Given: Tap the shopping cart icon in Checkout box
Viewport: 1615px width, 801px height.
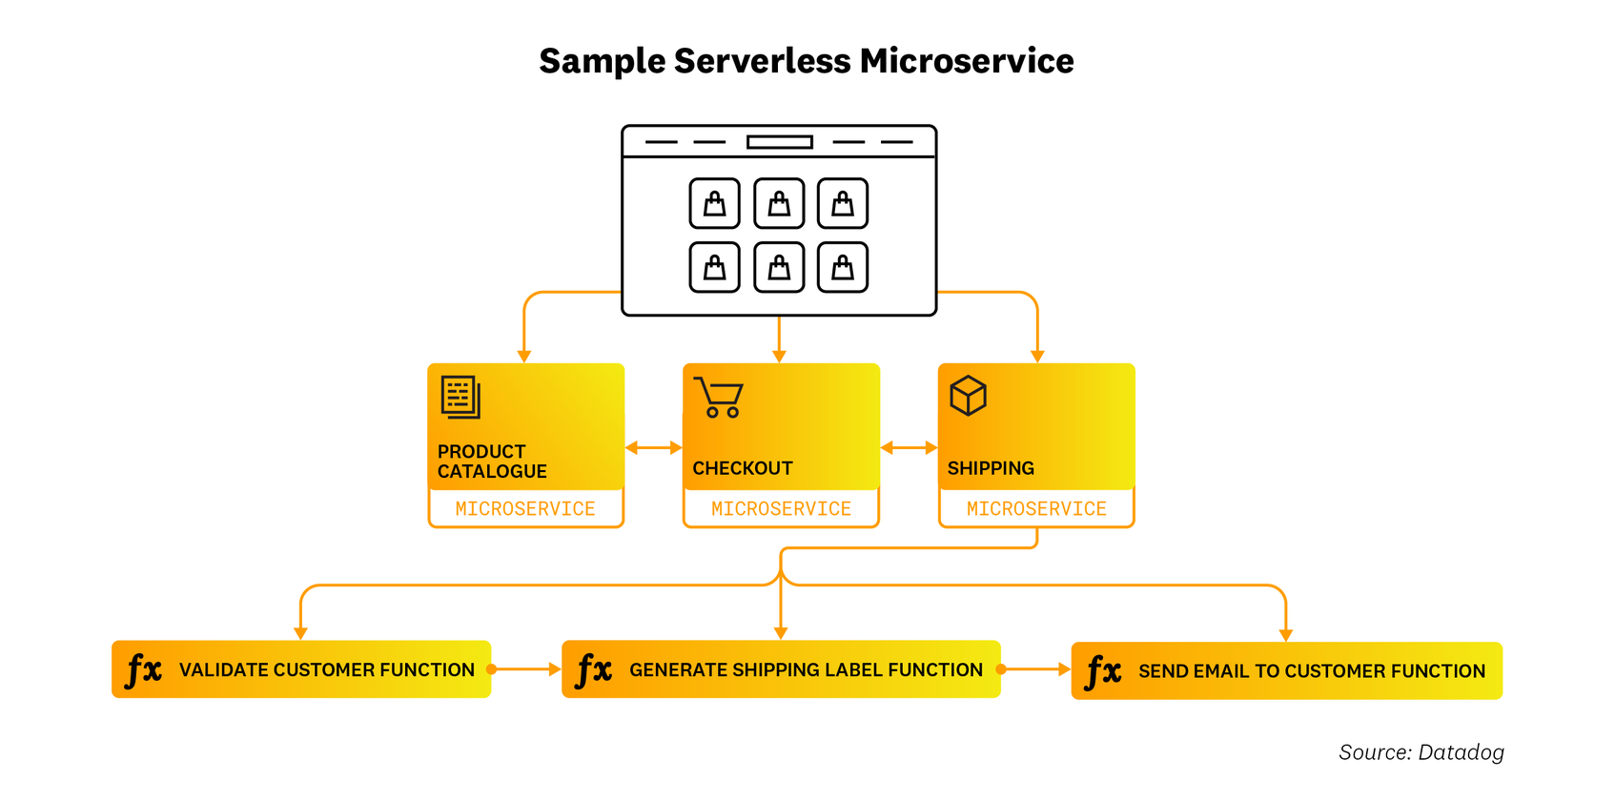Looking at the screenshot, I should pyautogui.click(x=719, y=398).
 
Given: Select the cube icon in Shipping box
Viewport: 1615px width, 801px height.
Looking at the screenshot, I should pyautogui.click(x=968, y=395).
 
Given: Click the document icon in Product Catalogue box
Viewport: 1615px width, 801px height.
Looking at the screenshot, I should pyautogui.click(x=460, y=397).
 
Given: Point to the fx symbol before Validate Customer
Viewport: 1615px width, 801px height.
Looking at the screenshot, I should pyautogui.click(x=144, y=669).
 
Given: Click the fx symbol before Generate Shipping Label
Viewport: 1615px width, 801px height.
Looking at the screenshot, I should pyautogui.click(x=594, y=669).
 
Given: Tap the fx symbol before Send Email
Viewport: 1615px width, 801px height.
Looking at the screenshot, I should pyautogui.click(x=1103, y=671).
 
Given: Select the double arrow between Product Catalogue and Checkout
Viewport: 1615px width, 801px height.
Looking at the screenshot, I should pyautogui.click(x=653, y=447).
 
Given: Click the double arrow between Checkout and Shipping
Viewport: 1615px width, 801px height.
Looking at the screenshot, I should pyautogui.click(x=909, y=447).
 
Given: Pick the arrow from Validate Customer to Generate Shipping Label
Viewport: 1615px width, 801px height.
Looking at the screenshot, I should pyautogui.click(x=525, y=669).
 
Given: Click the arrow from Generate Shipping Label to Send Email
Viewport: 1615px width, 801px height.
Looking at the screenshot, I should pyautogui.click(x=1035, y=669).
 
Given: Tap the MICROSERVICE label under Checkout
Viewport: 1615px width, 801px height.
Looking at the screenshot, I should pyautogui.click(x=781, y=509).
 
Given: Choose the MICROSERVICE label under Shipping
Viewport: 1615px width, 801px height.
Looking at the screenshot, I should pyautogui.click(x=1036, y=509).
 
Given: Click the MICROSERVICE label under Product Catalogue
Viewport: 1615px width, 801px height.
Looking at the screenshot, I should pyautogui.click(x=525, y=509).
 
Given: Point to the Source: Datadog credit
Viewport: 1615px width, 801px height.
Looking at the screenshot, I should pyautogui.click(x=1421, y=752).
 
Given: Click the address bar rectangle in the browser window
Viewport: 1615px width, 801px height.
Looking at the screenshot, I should pyautogui.click(x=779, y=142).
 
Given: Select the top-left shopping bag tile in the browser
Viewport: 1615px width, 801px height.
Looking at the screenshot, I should pyautogui.click(x=714, y=203).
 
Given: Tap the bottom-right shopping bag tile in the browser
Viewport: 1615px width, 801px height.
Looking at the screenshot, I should pyautogui.click(x=843, y=267).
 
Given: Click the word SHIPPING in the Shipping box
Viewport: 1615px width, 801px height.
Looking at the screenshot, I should pyautogui.click(x=991, y=468).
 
